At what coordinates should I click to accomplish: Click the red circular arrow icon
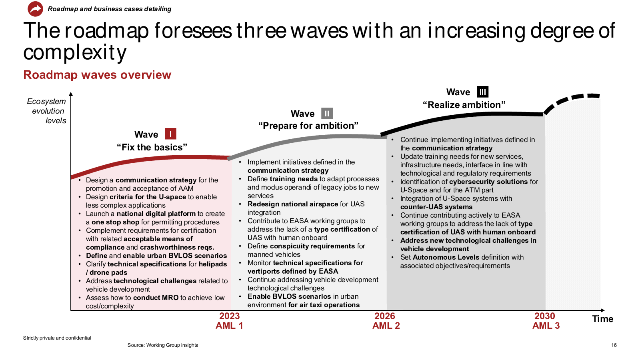point(35,9)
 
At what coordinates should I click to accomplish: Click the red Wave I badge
point(170,134)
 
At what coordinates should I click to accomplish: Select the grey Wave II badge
point(327,114)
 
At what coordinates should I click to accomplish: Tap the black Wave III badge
point(482,92)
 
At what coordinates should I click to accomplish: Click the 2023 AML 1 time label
point(229,320)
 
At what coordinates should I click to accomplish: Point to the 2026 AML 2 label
point(386,320)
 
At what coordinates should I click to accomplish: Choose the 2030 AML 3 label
point(546,320)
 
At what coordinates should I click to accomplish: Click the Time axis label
point(602,318)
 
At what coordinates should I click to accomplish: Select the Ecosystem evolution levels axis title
point(46,111)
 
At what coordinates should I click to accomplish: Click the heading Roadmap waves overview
point(97,75)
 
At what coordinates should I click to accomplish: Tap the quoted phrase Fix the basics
point(152,147)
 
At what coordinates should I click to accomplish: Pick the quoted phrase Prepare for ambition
point(308,126)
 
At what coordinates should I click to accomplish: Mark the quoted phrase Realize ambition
point(464,104)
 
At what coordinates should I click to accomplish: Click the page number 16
point(614,345)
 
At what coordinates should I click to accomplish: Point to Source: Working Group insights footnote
point(162,345)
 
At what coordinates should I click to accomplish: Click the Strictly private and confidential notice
point(57,338)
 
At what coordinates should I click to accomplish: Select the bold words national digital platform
point(156,214)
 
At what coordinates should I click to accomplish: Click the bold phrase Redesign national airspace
point(293,204)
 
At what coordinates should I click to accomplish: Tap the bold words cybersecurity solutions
point(488,182)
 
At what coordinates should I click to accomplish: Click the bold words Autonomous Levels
point(438,257)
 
